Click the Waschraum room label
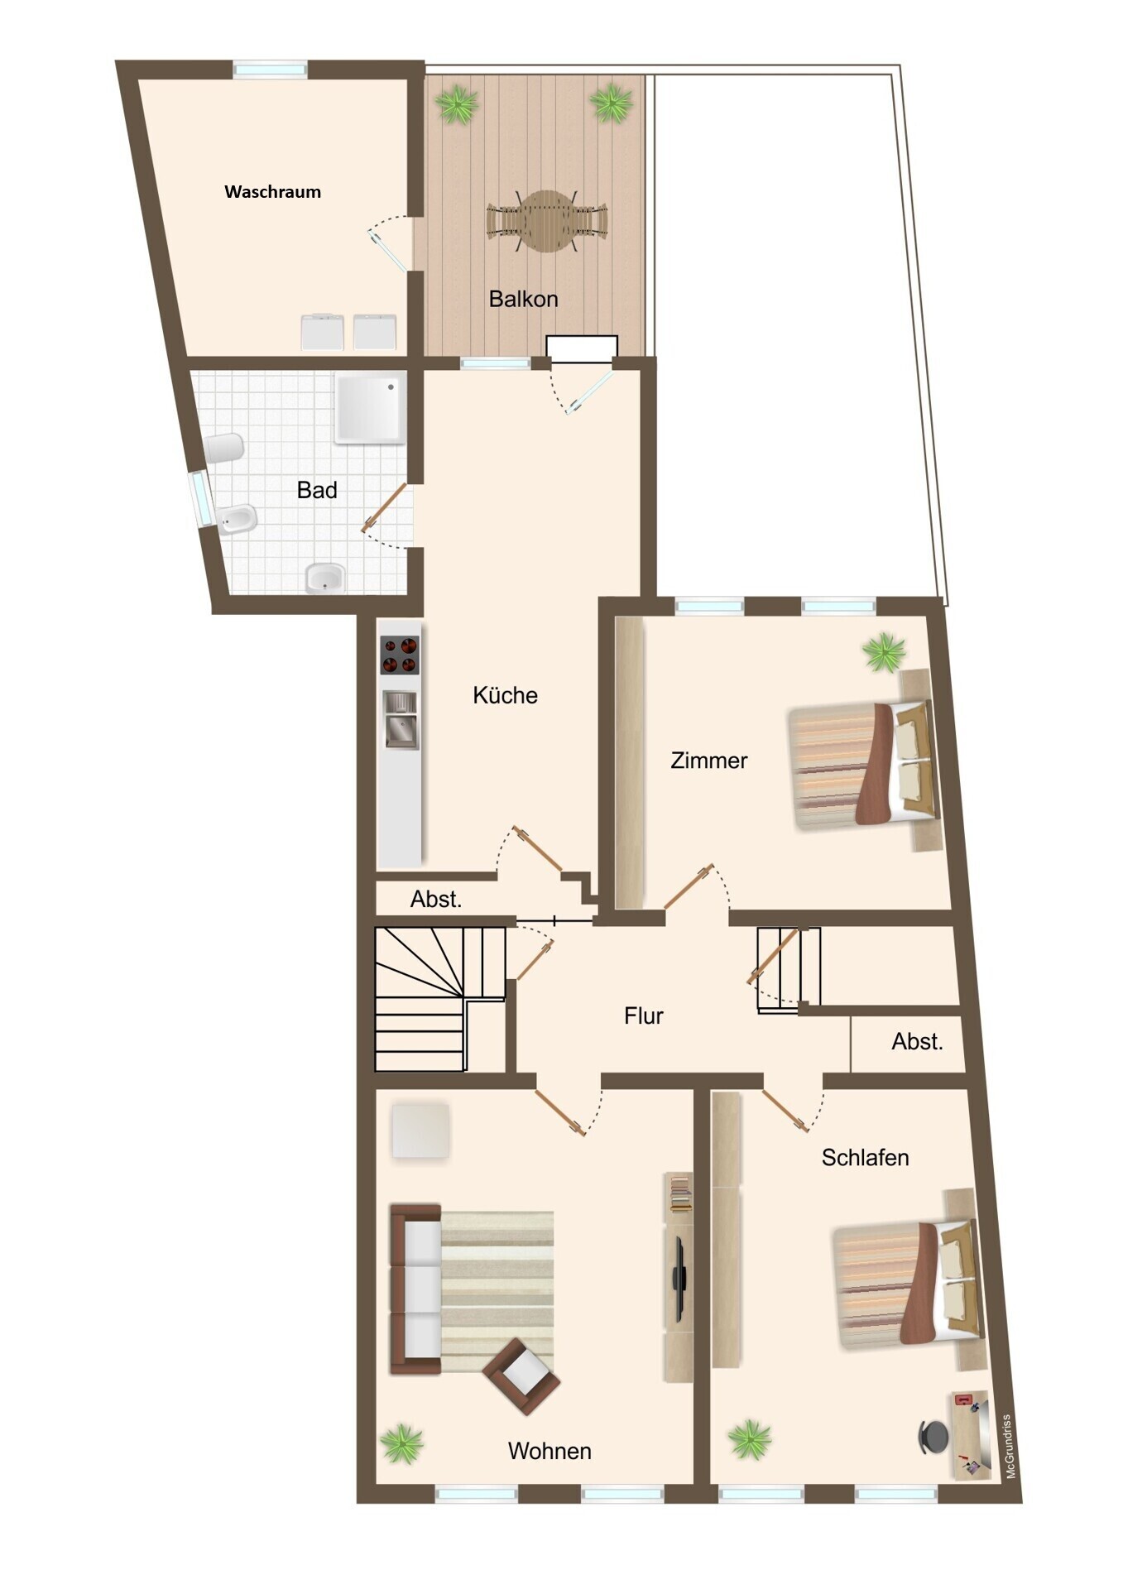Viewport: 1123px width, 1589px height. pos(272,192)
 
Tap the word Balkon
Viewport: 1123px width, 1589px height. pos(523,299)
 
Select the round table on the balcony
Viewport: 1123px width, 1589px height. pos(547,221)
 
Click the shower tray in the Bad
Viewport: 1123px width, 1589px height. pos(370,408)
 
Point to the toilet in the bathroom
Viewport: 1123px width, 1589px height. pos(223,449)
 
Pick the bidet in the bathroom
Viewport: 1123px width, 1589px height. pos(238,520)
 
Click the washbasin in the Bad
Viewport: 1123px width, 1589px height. pos(325,578)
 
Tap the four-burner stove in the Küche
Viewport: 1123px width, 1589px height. pos(400,655)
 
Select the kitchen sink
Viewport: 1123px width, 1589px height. pos(401,720)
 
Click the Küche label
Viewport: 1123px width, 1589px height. pos(505,695)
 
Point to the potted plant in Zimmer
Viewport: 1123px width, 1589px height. pos(884,652)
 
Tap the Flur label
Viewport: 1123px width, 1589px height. pos(644,1015)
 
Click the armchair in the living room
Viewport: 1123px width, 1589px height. pos(521,1375)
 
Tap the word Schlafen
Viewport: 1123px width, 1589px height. pos(865,1157)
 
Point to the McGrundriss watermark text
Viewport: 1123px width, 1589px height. pos(1009,1447)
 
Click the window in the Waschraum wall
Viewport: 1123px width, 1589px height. pos(270,70)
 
